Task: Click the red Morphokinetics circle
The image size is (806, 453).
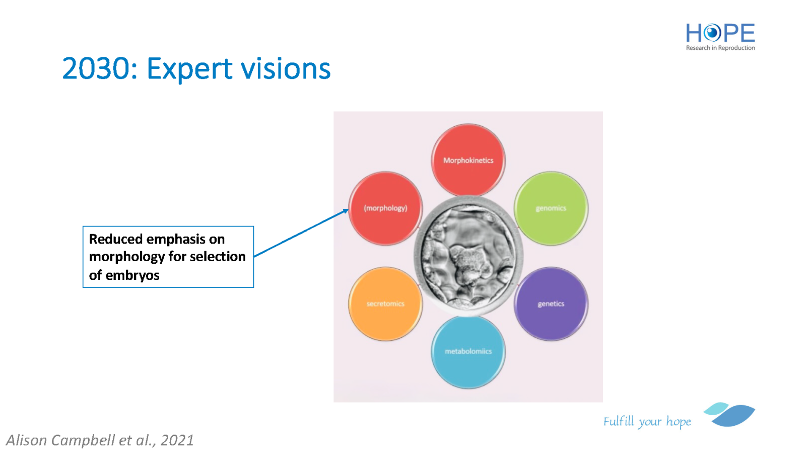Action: [468, 160]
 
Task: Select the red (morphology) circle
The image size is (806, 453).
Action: [385, 208]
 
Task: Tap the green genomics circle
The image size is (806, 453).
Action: [551, 208]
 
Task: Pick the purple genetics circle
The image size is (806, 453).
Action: [551, 304]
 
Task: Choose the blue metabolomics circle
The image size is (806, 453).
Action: [468, 352]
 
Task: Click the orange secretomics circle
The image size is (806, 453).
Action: [385, 304]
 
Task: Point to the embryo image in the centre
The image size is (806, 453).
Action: [468, 256]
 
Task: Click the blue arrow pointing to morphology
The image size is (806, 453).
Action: [301, 233]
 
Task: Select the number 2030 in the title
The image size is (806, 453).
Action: [95, 68]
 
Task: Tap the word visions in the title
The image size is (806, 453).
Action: [286, 68]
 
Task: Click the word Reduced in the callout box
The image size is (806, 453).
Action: [116, 239]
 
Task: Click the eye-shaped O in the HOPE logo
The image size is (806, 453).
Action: [711, 33]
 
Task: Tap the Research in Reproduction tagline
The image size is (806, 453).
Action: [720, 48]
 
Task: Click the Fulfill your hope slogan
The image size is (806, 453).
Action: [647, 421]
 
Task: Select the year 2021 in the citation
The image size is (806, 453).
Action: [177, 440]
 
